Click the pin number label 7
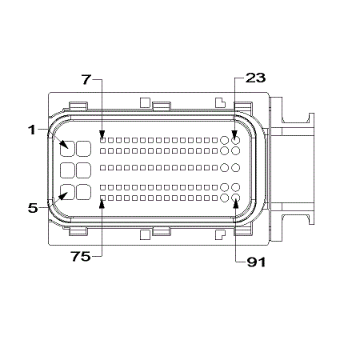86,79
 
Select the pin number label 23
255,78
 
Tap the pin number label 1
32,130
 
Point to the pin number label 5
33,208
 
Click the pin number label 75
81,257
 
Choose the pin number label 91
256,262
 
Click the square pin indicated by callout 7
102,140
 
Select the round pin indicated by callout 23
235,140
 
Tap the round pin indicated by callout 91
235,198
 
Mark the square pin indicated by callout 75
102,198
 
